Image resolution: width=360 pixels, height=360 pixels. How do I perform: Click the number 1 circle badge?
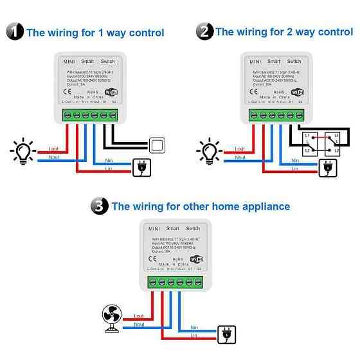(x=15, y=32)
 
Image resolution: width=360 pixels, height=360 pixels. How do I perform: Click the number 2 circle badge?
(x=205, y=31)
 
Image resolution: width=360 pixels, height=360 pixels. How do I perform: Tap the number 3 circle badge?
(x=100, y=206)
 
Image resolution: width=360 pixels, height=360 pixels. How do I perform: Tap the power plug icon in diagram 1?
(x=140, y=168)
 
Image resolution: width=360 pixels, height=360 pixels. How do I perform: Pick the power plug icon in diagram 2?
(x=327, y=168)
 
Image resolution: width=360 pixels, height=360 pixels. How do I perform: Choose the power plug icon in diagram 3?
(x=227, y=334)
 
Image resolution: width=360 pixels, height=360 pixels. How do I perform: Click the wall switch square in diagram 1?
(x=157, y=144)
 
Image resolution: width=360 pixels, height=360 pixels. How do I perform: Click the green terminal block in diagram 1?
(x=90, y=114)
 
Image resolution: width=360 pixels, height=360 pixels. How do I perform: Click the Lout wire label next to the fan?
(x=139, y=316)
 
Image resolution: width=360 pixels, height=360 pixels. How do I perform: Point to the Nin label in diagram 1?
(x=108, y=161)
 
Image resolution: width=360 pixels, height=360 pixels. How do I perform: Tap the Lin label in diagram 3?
(x=194, y=336)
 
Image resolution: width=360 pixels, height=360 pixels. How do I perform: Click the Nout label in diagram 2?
(x=240, y=157)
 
